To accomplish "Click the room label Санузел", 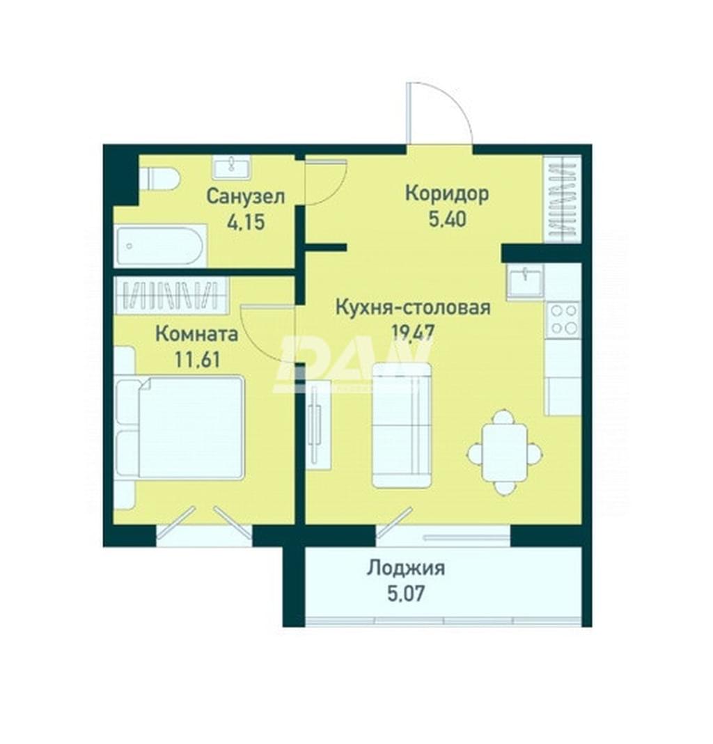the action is (x=246, y=196).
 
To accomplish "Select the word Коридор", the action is (x=447, y=193).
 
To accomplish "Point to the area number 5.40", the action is (x=447, y=219).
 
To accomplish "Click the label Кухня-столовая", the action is (x=413, y=308).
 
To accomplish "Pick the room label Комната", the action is (x=197, y=334).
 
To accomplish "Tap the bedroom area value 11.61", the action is (x=198, y=360).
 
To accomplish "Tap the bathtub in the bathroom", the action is (x=160, y=246).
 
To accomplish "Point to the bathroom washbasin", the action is (x=233, y=168).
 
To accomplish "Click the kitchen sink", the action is (x=525, y=281).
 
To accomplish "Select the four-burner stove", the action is (x=564, y=319).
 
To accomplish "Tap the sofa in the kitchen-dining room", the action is (x=402, y=425).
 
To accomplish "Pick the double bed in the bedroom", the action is (x=180, y=427).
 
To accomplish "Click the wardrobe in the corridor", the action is (x=563, y=200).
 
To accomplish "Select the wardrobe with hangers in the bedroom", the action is (x=171, y=295).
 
